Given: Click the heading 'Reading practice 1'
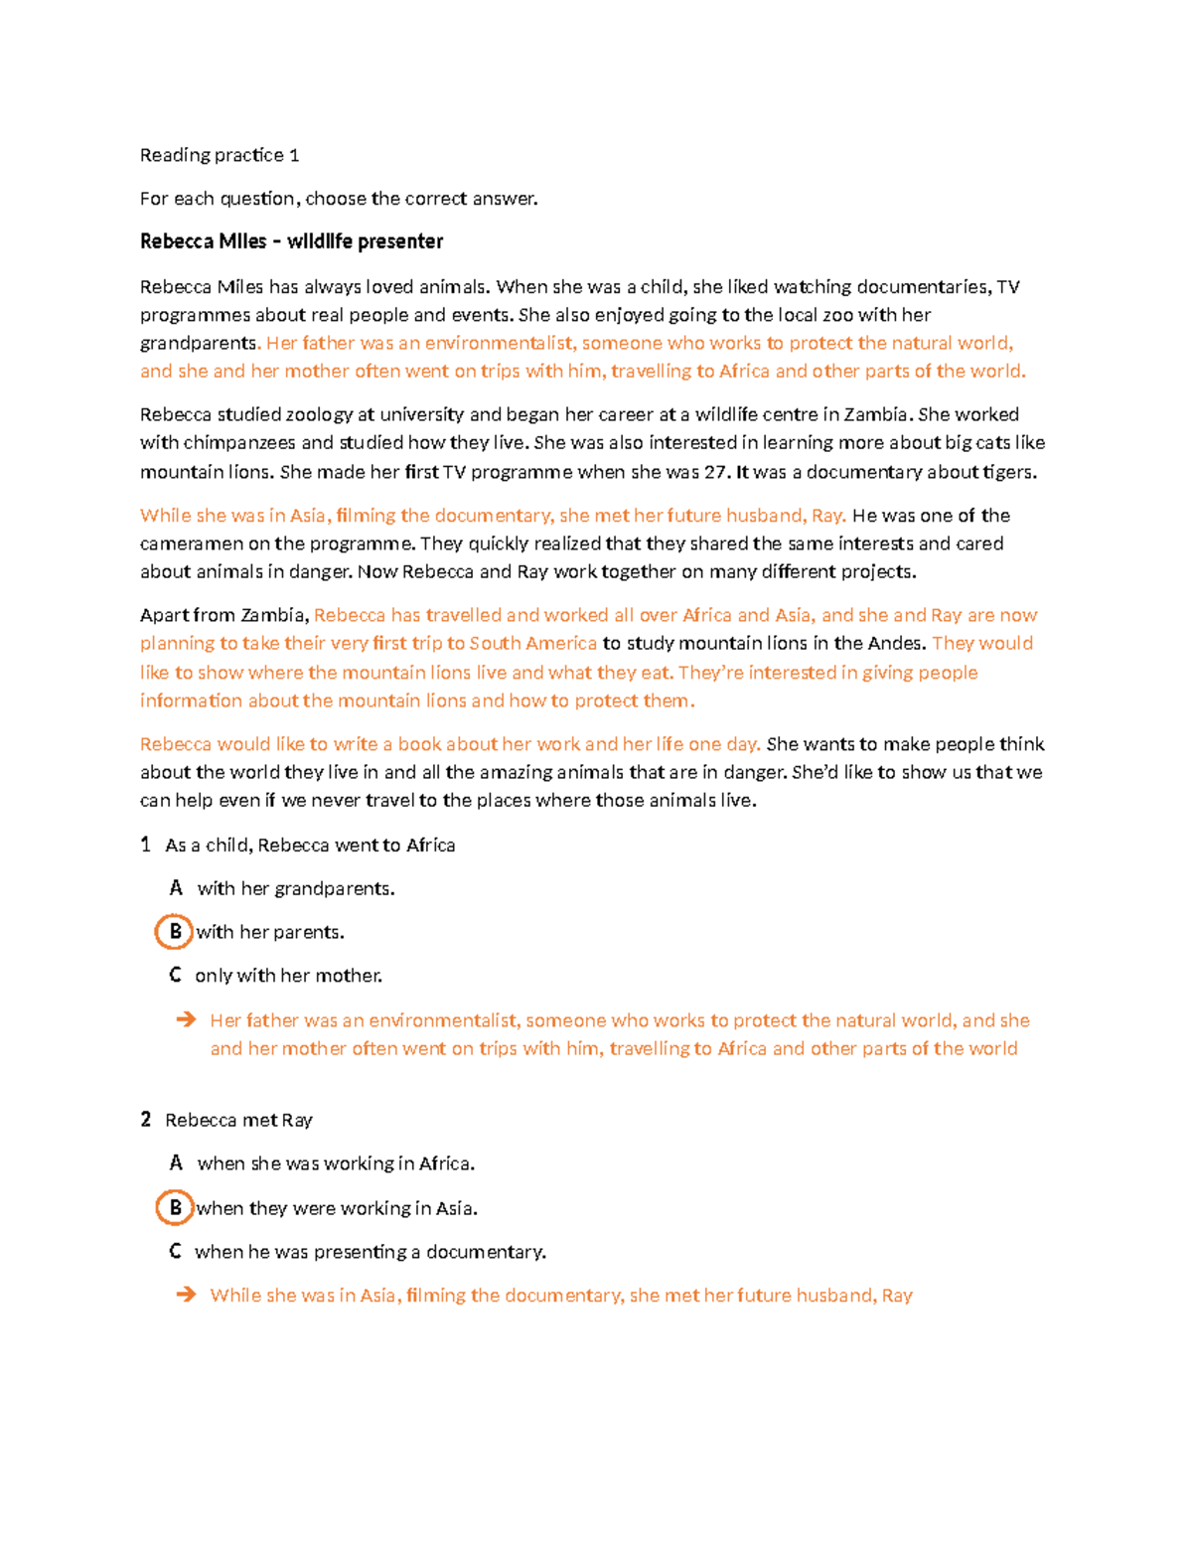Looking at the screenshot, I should (220, 155).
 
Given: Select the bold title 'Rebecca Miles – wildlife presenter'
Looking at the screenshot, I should (291, 241).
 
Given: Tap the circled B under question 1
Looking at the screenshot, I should (175, 932).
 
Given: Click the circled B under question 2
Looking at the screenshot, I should (175, 1208).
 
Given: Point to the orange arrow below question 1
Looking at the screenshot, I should (186, 1020).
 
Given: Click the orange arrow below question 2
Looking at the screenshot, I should (186, 1296).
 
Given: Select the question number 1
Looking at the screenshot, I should (145, 846).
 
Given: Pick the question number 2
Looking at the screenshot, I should (145, 1121).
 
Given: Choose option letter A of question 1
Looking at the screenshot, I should (176, 888).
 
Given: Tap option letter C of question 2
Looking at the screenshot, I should (175, 1252).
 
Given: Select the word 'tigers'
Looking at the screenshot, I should (1008, 473).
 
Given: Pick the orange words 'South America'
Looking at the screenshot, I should (533, 644).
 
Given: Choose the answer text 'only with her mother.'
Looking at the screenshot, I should (288, 976).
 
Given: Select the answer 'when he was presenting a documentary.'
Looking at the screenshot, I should (371, 1252).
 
